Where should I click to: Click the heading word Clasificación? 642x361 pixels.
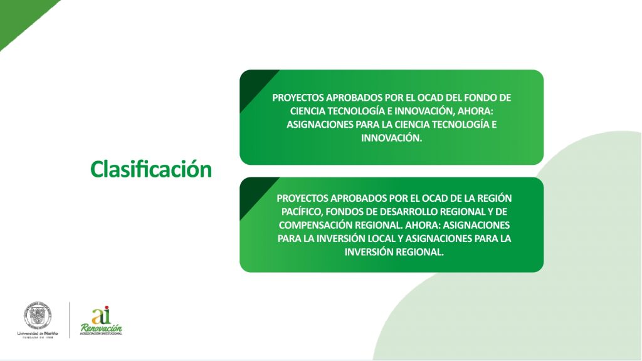(x=151, y=169)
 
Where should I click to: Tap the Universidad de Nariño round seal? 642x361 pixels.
(x=38, y=315)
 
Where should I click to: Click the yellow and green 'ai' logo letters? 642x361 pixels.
(x=101, y=315)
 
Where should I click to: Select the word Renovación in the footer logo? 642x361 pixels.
(x=101, y=328)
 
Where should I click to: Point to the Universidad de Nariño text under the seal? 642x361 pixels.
(x=38, y=333)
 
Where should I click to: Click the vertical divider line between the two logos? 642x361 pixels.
(x=70, y=320)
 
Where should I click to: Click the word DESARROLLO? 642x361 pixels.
(x=409, y=212)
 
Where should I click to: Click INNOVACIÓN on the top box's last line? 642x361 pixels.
(x=391, y=138)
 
